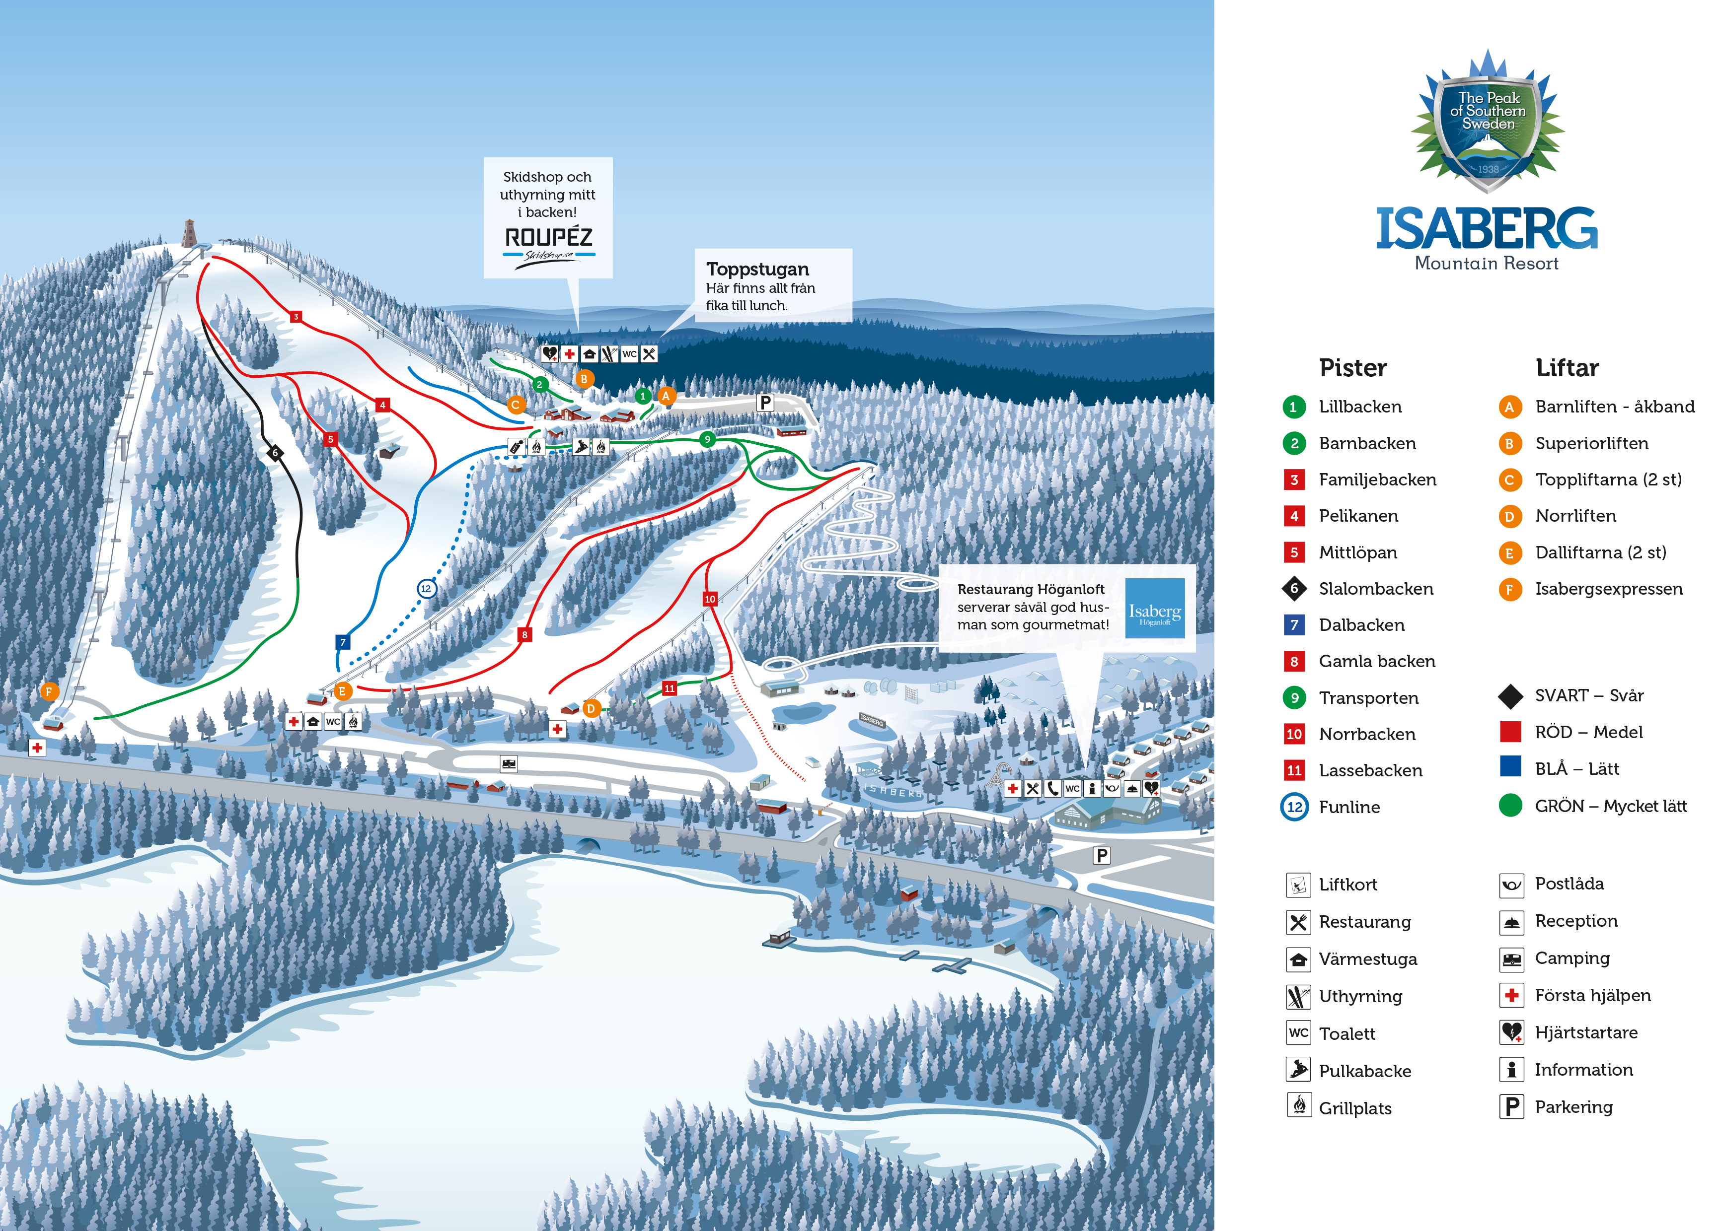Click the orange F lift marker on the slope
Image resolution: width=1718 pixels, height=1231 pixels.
coord(49,691)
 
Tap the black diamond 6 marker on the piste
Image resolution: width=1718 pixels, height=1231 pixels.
coord(276,453)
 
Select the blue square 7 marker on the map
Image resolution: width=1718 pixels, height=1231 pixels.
coord(342,642)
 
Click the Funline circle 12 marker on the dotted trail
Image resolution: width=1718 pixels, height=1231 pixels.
coord(427,588)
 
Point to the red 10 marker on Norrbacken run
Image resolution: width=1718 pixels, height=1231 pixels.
coord(710,599)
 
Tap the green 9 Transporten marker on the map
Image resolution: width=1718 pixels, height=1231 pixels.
coord(707,439)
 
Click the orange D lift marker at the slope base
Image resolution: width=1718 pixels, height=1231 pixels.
coord(591,709)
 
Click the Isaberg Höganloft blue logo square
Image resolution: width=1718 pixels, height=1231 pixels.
coord(1154,608)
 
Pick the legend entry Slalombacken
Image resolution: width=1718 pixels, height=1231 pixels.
coord(1376,588)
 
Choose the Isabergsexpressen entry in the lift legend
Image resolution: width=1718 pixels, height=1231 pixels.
coord(1608,588)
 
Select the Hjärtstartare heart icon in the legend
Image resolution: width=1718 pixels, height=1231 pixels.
coord(1511,1032)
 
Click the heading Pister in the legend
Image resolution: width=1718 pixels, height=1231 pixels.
coord(1353,368)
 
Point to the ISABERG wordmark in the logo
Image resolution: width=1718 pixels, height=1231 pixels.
coord(1486,229)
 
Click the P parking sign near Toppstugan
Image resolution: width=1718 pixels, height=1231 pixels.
coord(765,403)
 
